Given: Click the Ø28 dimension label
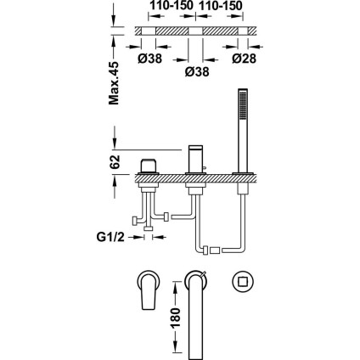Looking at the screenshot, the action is point(244,59).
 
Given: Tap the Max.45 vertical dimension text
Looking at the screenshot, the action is point(114,83).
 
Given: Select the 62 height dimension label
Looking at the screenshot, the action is point(115,161).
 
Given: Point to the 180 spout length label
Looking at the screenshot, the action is point(176,318).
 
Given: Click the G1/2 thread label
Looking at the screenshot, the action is point(110,237).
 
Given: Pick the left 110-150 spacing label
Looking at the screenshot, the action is point(172,5).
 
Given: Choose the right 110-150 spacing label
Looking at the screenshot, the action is point(221,5).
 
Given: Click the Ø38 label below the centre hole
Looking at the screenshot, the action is point(197,71).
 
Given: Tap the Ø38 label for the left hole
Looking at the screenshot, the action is point(150,59).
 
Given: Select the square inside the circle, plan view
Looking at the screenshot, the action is point(243,282).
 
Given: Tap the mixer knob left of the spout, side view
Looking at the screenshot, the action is point(149,166).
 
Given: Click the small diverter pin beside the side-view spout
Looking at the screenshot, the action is point(204,170).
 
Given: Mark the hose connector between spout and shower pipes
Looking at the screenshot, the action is point(215,250).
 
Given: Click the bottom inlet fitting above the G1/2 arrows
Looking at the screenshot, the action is point(149,228).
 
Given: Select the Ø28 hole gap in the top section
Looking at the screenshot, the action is point(243,31).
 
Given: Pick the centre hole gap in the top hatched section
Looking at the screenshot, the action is point(195,31).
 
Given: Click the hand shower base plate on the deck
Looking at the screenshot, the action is point(244,173).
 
